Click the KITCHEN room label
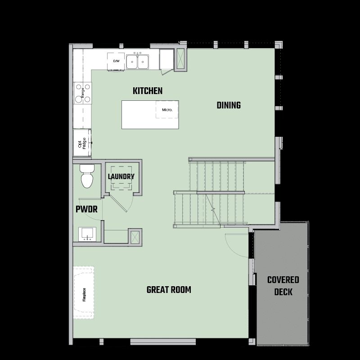pyautogui.click(x=148, y=91)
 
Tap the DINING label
pyautogui.click(x=229, y=105)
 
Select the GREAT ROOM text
pyautogui.click(x=169, y=290)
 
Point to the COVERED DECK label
pyautogui.click(x=283, y=286)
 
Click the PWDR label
pyautogui.click(x=86, y=209)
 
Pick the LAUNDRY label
pyautogui.click(x=121, y=176)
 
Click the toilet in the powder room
pyautogui.click(x=87, y=176)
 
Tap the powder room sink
pyautogui.click(x=87, y=234)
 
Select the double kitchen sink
pyautogui.click(x=137, y=61)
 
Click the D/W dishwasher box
pyautogui.click(x=116, y=62)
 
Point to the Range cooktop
pyautogui.click(x=83, y=93)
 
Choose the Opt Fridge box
pyautogui.click(x=82, y=143)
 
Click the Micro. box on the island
pyautogui.click(x=167, y=109)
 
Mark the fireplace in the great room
pyautogui.click(x=84, y=292)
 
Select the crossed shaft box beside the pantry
pyautogui.click(x=181, y=60)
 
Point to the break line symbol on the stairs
pyautogui.click(x=213, y=209)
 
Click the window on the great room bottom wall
pyautogui.click(x=163, y=342)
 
